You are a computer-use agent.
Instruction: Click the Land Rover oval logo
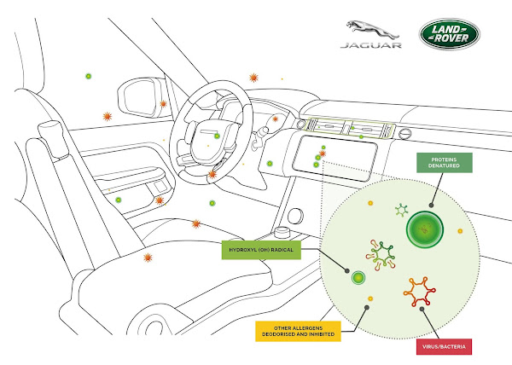coord(449,35)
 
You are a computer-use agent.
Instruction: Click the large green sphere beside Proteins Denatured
coord(424,229)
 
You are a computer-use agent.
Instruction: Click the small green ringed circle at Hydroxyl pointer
coord(358,278)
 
